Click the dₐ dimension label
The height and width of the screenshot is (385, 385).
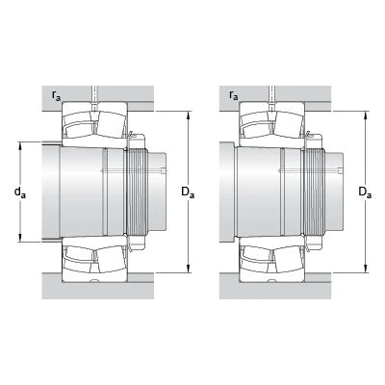(19, 192)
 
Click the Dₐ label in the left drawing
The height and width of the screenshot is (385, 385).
(188, 192)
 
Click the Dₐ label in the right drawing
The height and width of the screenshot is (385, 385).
(365, 192)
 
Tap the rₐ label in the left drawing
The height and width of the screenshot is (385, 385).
(56, 95)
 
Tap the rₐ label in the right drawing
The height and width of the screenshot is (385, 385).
(234, 95)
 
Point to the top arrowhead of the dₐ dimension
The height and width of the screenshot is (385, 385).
(20, 146)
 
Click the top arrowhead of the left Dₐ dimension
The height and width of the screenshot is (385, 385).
(189, 115)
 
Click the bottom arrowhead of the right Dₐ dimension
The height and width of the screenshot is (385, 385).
(366, 269)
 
